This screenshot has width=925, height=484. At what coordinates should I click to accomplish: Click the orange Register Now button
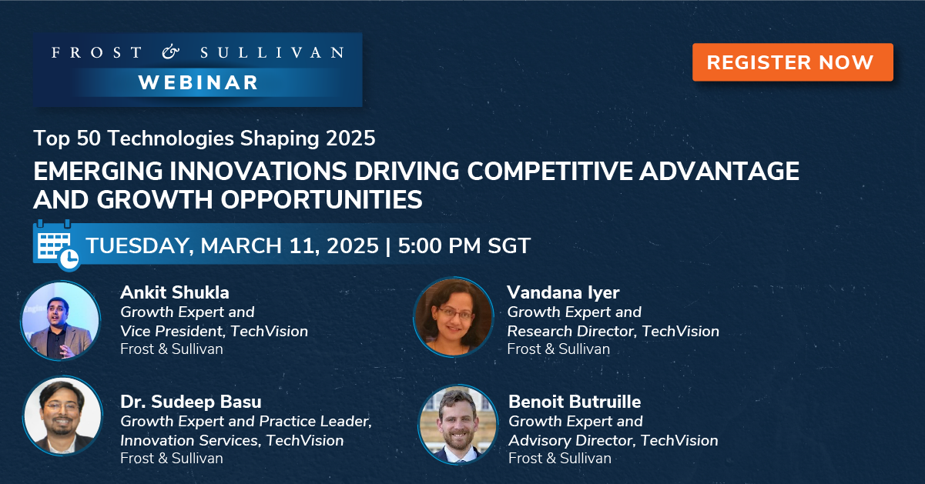tap(793, 62)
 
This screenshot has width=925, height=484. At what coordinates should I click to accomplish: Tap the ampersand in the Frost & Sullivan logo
tap(170, 52)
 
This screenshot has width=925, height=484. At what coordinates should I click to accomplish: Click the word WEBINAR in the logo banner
tap(198, 82)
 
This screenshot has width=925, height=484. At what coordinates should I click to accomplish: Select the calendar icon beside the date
tap(56, 245)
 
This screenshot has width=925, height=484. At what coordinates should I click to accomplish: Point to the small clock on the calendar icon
tap(69, 259)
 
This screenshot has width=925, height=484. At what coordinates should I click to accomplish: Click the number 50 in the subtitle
tap(89, 139)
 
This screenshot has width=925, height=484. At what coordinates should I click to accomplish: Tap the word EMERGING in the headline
tap(98, 172)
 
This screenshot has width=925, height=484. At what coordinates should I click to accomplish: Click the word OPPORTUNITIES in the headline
tap(321, 200)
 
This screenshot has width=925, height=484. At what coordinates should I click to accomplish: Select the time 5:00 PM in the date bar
tap(439, 246)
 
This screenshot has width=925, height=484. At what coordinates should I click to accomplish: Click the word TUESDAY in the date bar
tap(139, 246)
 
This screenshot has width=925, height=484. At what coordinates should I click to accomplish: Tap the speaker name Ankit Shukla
tap(175, 292)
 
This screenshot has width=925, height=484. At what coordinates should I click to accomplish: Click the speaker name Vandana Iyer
tap(563, 293)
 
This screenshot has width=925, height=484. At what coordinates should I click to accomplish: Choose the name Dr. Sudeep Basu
tap(191, 402)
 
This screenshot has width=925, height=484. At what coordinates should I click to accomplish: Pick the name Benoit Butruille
tap(575, 402)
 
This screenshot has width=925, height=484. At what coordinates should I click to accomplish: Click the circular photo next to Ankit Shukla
tap(61, 321)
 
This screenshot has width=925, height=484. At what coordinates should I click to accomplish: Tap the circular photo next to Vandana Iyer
tap(454, 317)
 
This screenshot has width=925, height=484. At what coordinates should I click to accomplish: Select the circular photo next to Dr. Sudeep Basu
tap(62, 416)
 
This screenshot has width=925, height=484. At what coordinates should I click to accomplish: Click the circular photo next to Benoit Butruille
tap(458, 425)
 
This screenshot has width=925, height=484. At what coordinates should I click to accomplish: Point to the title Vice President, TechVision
tap(214, 332)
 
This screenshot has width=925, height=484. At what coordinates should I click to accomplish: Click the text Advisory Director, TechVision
tap(613, 441)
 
